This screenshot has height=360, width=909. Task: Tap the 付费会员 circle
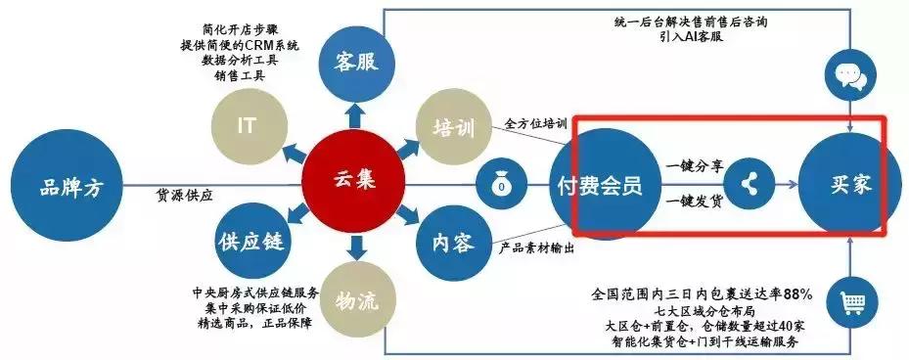(599, 183)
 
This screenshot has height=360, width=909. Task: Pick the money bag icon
(501, 183)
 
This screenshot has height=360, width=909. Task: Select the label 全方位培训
(535, 124)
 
